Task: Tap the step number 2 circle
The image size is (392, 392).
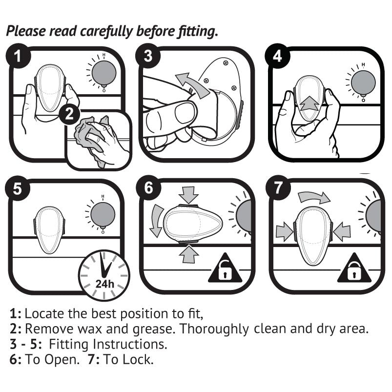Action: pos(70,114)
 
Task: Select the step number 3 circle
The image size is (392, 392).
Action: pos(148,57)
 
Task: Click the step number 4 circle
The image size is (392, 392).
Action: pos(277,57)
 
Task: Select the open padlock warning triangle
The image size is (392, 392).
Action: pos(225,270)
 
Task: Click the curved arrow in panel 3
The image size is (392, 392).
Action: pos(192,83)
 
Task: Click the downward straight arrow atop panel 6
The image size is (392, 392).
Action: pos(189,195)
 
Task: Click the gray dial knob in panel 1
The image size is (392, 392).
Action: pos(104,74)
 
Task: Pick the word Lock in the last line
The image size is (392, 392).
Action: pos(140,360)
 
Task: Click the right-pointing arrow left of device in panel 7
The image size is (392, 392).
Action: pos(284,231)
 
